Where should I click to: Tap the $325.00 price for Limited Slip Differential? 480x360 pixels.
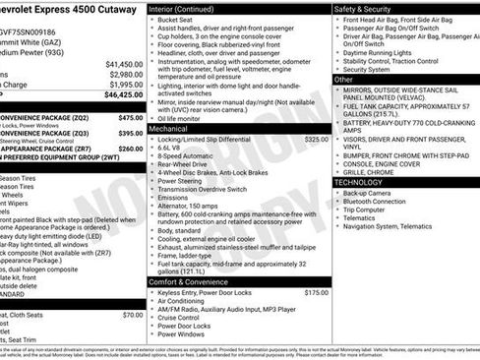click(316, 140)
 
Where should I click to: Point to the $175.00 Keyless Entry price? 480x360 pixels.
click(316, 292)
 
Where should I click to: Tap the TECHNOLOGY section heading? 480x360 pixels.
click(359, 182)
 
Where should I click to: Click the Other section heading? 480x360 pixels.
click(344, 79)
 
